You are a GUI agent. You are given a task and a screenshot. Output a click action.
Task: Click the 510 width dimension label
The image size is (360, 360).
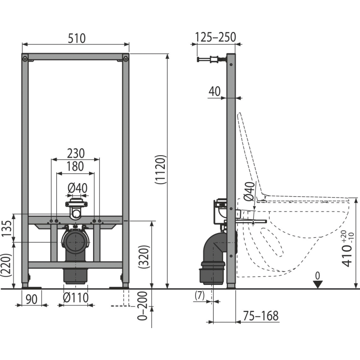click(x=76, y=38)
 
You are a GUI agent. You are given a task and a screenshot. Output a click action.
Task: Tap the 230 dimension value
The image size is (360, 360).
click(x=76, y=153)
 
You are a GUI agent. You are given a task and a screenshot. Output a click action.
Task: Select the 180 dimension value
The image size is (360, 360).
click(x=75, y=166)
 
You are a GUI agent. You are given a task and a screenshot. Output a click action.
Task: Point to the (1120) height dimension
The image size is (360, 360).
click(x=160, y=170)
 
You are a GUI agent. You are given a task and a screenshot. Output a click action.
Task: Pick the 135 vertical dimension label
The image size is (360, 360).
click(x=6, y=229)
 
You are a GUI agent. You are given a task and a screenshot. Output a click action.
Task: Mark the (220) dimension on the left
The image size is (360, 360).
click(x=6, y=265)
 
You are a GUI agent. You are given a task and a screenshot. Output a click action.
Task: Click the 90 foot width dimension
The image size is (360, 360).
click(x=31, y=299)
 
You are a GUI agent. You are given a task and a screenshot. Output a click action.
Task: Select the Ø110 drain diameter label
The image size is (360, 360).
click(x=76, y=298)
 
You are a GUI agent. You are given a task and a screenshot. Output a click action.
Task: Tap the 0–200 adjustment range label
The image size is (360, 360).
click(x=142, y=306)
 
